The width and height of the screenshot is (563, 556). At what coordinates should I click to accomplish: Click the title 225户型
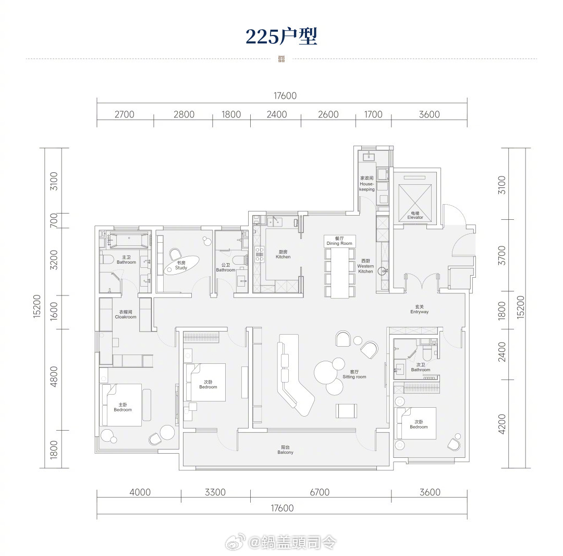coord(281,37)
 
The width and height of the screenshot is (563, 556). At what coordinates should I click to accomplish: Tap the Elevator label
coord(415,216)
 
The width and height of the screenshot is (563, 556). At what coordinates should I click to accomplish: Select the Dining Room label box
coord(340,241)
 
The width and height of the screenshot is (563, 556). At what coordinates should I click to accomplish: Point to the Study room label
coord(181,265)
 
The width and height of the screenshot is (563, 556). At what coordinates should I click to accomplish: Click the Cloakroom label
coord(126,314)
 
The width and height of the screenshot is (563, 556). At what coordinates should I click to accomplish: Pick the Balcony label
coord(286,450)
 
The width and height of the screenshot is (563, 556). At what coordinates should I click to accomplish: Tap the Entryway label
coord(419,309)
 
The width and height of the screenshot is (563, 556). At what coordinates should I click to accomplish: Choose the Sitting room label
coord(354,374)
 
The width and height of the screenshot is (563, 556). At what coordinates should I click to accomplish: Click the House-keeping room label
coord(367,183)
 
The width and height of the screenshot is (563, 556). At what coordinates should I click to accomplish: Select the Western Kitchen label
coord(365,266)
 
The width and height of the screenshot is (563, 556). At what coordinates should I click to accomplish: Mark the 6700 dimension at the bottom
coord(320,492)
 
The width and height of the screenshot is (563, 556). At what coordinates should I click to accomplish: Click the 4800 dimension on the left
coord(54,376)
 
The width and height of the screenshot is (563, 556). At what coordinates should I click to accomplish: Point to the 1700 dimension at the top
coord(373,114)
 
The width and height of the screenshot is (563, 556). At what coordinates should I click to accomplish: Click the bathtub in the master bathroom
coord(129,240)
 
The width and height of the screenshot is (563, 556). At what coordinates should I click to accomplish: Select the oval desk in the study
coord(182,265)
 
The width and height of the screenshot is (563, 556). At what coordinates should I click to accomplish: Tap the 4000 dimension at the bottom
coord(140,492)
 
